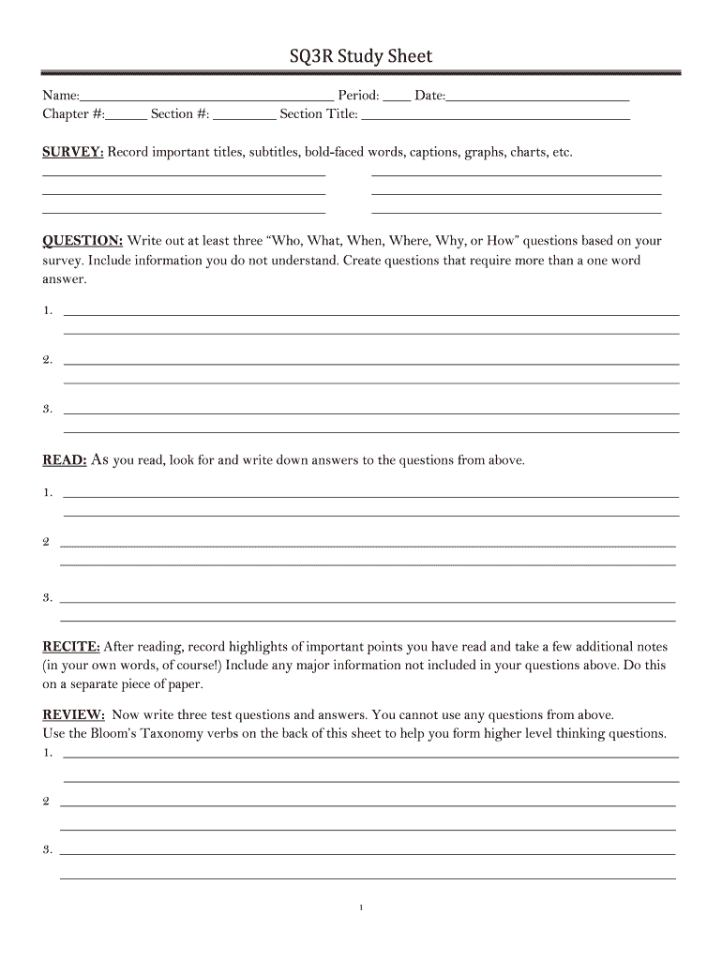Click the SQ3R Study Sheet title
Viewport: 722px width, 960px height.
click(361, 57)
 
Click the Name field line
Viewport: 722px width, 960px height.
click(206, 97)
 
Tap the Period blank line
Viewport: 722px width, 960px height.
click(397, 97)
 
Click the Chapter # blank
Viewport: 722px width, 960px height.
click(127, 118)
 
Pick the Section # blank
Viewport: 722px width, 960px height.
click(245, 118)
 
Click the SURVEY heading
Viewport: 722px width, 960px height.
click(73, 152)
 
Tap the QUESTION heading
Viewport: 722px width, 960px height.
click(83, 241)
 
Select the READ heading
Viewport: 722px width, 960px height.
click(65, 460)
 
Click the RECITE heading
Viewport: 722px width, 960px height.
click(71, 647)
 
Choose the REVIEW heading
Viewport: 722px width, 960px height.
click(74, 714)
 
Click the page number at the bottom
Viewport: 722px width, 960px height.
click(361, 907)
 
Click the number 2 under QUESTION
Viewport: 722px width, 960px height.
click(47, 360)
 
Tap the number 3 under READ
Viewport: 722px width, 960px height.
click(47, 598)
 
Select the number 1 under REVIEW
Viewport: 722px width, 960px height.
click(47, 753)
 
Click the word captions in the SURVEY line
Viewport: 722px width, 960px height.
click(428, 152)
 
